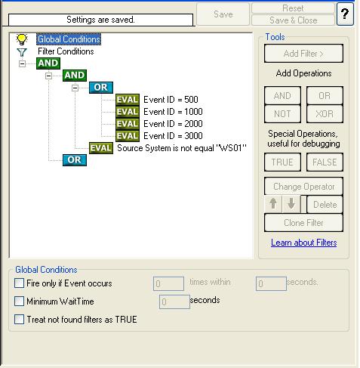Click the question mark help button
tap(345, 14)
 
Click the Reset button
tap(293, 8)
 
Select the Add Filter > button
tap(303, 54)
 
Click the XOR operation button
tap(325, 114)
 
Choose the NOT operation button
tap(282, 114)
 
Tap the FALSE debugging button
tap(325, 162)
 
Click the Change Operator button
tap(303, 187)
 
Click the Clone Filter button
tap(303, 223)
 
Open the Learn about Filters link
tap(303, 243)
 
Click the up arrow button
tap(273, 204)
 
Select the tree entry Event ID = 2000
tap(173, 124)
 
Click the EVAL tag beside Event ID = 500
tap(128, 100)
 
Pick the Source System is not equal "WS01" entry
tap(182, 148)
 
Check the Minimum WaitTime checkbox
tap(19, 302)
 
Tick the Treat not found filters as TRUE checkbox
tap(19, 320)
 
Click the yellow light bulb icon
tap(22, 39)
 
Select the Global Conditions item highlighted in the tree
tap(69, 39)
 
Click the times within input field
tap(168, 283)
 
